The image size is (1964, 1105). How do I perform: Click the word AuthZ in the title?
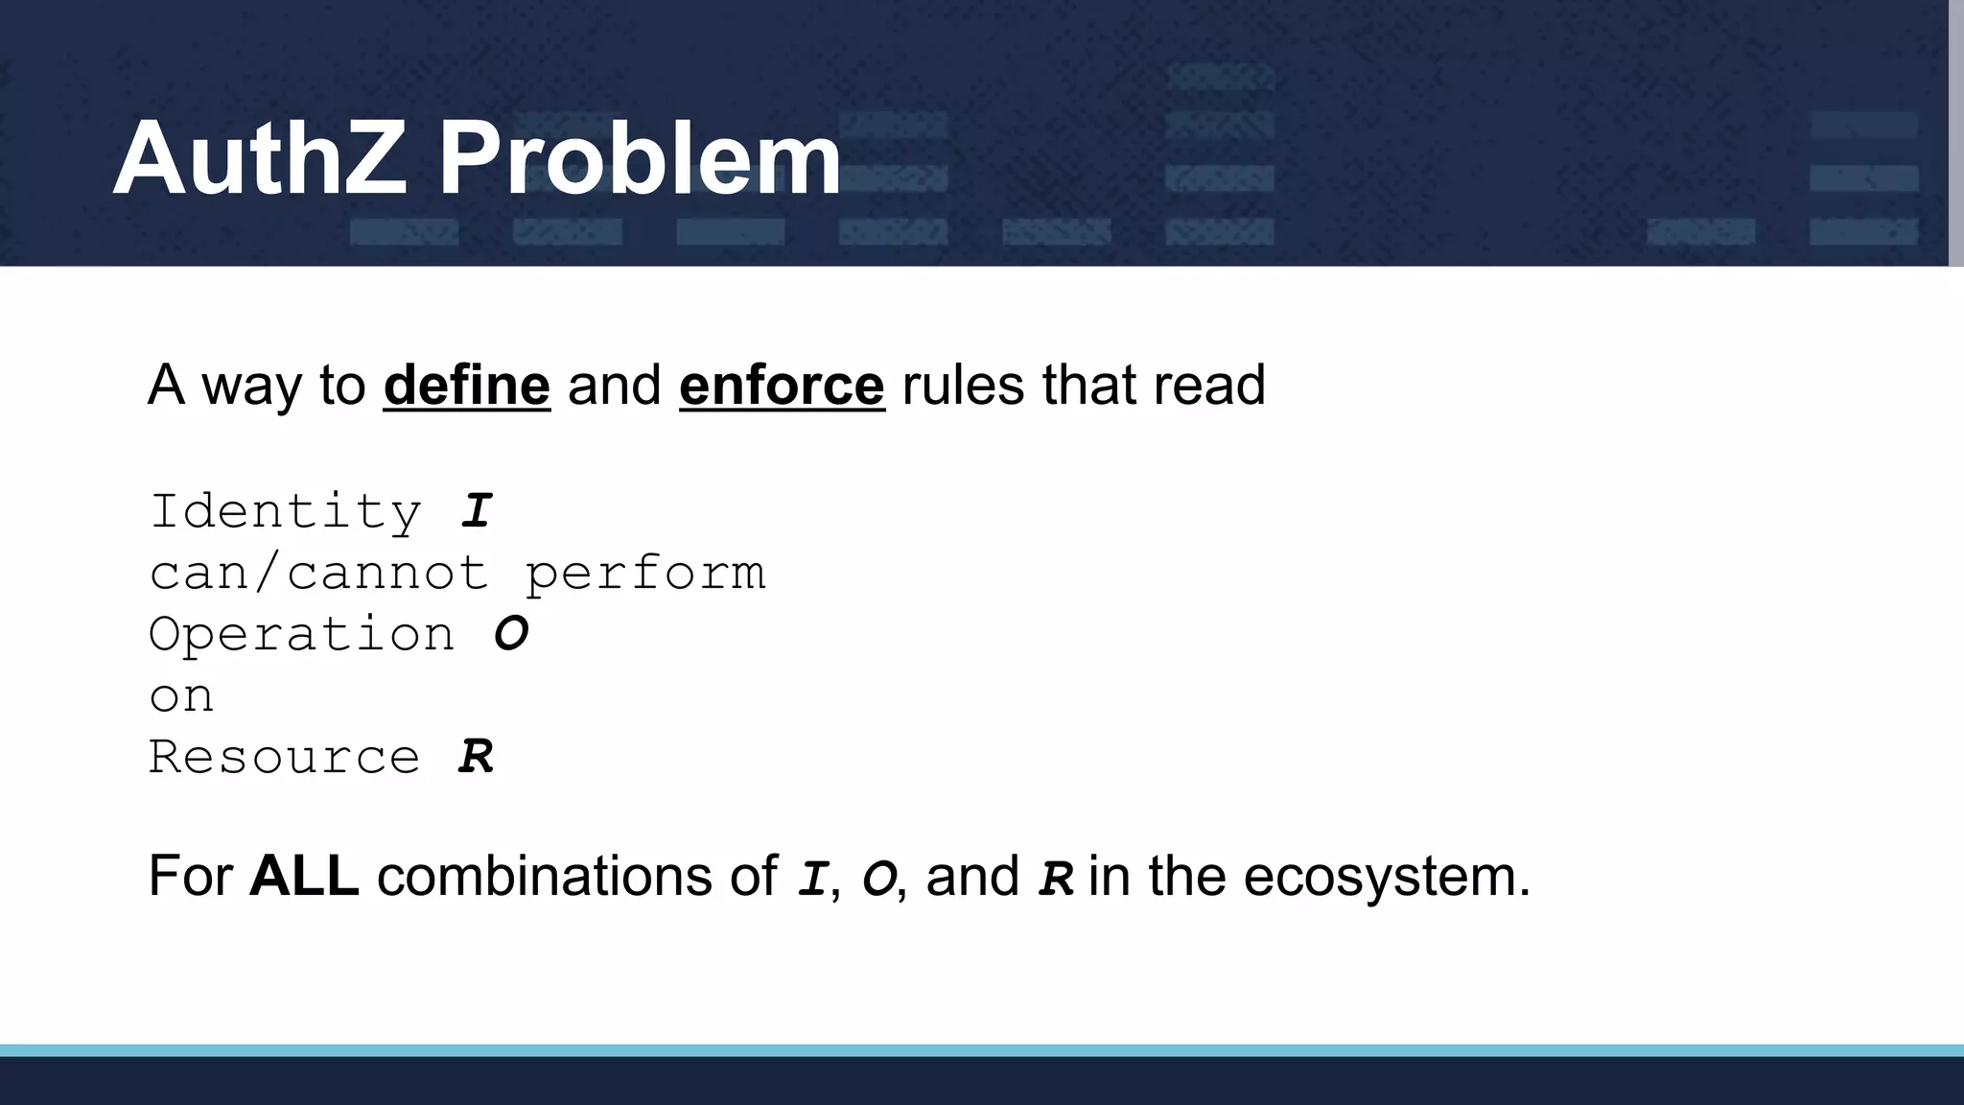pyautogui.click(x=260, y=158)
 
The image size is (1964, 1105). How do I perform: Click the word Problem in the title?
pyautogui.click(x=640, y=158)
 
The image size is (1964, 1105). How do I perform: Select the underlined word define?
pyautogui.click(x=467, y=386)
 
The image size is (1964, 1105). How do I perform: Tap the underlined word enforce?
pyautogui.click(x=782, y=386)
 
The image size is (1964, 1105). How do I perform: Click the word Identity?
pyautogui.click(x=286, y=511)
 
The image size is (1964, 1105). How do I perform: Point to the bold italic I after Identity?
pyautogui.click(x=477, y=511)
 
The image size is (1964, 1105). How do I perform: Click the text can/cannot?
pyautogui.click(x=319, y=574)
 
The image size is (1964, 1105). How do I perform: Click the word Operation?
pyautogui.click(x=302, y=635)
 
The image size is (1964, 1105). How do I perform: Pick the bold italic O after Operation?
pyautogui.click(x=511, y=634)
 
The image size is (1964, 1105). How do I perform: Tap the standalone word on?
pyautogui.click(x=181, y=696)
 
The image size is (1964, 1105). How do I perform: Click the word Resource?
pyautogui.click(x=285, y=758)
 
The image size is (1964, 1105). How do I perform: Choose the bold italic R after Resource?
pyautogui.click(x=476, y=758)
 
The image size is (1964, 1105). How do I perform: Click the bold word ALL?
pyautogui.click(x=304, y=876)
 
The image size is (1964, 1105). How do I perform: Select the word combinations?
pyautogui.click(x=577, y=876)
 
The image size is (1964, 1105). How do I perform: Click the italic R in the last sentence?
pyautogui.click(x=1055, y=879)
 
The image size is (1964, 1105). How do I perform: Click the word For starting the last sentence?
pyautogui.click(x=190, y=876)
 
